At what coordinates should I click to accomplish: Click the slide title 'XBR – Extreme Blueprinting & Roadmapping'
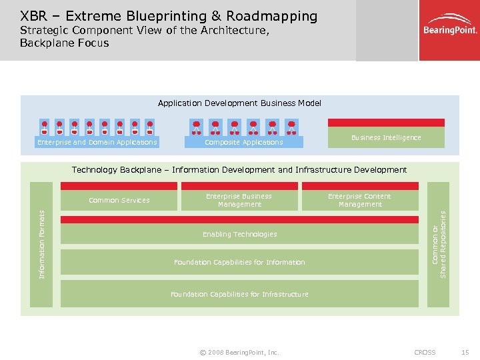pos(169,15)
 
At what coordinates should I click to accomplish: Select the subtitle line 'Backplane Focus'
pos(64,43)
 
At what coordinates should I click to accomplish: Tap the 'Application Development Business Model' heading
pos(239,103)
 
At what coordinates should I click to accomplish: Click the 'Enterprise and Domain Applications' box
pos(97,142)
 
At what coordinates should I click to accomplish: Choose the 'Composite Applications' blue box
pos(243,142)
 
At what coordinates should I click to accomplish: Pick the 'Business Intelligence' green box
pos(385,137)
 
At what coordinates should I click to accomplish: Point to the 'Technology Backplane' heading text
pos(239,170)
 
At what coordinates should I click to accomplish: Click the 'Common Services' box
pos(119,200)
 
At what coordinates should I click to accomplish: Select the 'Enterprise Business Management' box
pos(239,200)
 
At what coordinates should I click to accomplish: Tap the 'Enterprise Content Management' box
pos(359,200)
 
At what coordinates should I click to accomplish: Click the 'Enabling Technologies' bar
pos(239,235)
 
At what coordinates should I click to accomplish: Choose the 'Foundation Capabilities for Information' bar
pos(239,262)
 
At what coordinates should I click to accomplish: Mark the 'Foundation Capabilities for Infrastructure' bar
pos(239,294)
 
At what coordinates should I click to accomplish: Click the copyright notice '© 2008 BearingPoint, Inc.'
pos(239,352)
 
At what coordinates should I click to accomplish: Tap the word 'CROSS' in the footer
pos(425,352)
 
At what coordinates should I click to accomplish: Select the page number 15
pos(464,352)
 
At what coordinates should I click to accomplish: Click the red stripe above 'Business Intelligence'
pos(385,123)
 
